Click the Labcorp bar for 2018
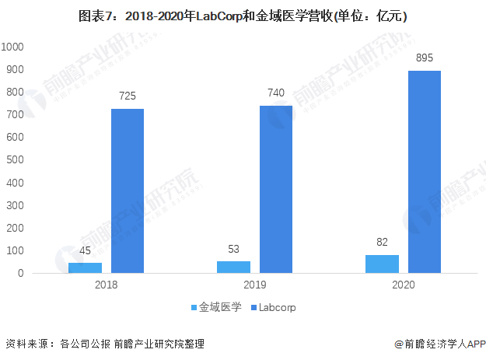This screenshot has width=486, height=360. pos(128,190)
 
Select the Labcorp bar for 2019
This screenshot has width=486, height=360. pos(276,189)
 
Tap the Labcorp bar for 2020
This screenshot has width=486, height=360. pos(425,172)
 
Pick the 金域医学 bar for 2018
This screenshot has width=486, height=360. pos(85,267)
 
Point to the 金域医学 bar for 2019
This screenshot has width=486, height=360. pos(234,267)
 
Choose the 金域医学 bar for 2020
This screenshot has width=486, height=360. pos(382,264)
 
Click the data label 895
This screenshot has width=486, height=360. pos(425,58)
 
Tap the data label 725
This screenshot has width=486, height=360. pos(128,96)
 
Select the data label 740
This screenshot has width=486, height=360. pos(276,93)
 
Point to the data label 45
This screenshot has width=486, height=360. pos(85,250)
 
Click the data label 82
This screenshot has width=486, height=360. pos(382,242)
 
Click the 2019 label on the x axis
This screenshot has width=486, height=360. pos(255,285)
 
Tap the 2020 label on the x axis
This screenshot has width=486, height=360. pos(404,285)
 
